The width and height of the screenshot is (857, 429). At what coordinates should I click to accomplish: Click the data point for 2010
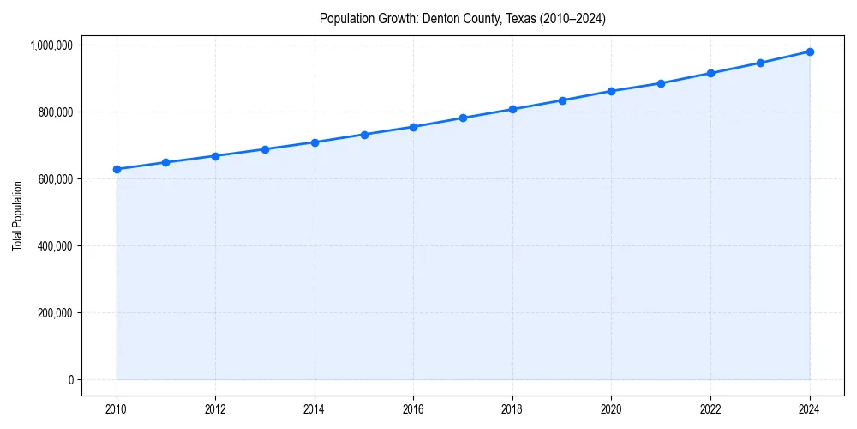(x=117, y=169)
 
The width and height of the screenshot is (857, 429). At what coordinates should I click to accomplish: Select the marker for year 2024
(x=810, y=51)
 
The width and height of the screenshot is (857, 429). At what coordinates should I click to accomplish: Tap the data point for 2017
(x=463, y=118)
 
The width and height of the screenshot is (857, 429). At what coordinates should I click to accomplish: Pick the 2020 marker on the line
(x=612, y=91)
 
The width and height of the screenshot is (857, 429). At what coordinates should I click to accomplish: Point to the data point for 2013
(x=265, y=149)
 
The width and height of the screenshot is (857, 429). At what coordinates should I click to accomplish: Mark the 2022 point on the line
(x=710, y=73)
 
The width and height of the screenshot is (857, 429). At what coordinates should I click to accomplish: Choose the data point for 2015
(x=364, y=135)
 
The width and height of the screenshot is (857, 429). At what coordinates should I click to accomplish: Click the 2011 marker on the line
(x=165, y=162)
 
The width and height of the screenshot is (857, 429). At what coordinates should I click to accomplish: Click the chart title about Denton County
(x=462, y=18)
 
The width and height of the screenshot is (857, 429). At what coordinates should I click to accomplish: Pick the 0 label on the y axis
(x=71, y=380)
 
